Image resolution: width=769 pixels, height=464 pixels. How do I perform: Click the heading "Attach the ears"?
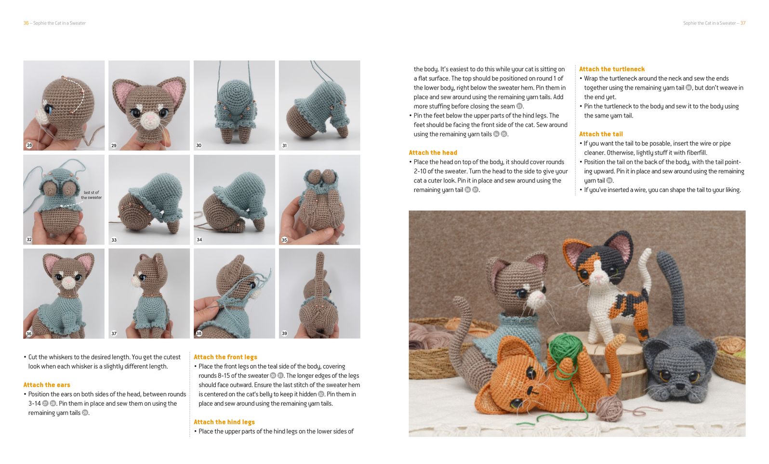click(x=47, y=385)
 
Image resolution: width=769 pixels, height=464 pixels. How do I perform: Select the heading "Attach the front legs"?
click(x=225, y=357)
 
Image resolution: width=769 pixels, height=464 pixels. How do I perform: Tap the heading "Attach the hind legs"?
click(x=224, y=422)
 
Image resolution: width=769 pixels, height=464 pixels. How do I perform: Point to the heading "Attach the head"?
click(x=433, y=153)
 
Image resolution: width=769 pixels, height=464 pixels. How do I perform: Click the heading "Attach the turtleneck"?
click(x=612, y=69)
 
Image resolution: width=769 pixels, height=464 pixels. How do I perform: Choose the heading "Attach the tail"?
click(x=601, y=134)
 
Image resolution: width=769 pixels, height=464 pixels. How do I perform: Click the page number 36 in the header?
click(x=26, y=23)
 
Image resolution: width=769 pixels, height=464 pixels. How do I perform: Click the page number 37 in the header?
click(x=743, y=23)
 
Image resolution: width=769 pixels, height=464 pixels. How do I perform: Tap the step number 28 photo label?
click(x=29, y=145)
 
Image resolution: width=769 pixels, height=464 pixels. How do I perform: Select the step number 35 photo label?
click(x=284, y=240)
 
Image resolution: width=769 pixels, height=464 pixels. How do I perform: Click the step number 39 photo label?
click(x=284, y=333)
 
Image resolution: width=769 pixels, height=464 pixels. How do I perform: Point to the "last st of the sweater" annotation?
click(x=91, y=195)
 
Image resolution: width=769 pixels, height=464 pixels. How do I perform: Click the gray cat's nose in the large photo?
click(x=679, y=386)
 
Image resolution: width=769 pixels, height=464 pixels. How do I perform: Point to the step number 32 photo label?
click(x=29, y=239)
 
